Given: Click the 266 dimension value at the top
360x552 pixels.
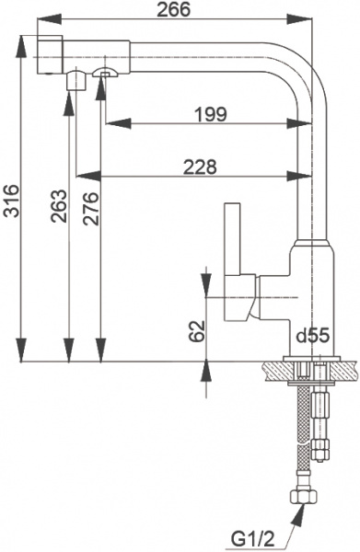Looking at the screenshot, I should [x=173, y=10].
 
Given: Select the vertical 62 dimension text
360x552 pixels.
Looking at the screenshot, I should [x=196, y=332].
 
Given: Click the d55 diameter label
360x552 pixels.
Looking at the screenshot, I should [x=312, y=337].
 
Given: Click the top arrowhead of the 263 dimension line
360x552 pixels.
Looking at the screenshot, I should [x=67, y=98].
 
